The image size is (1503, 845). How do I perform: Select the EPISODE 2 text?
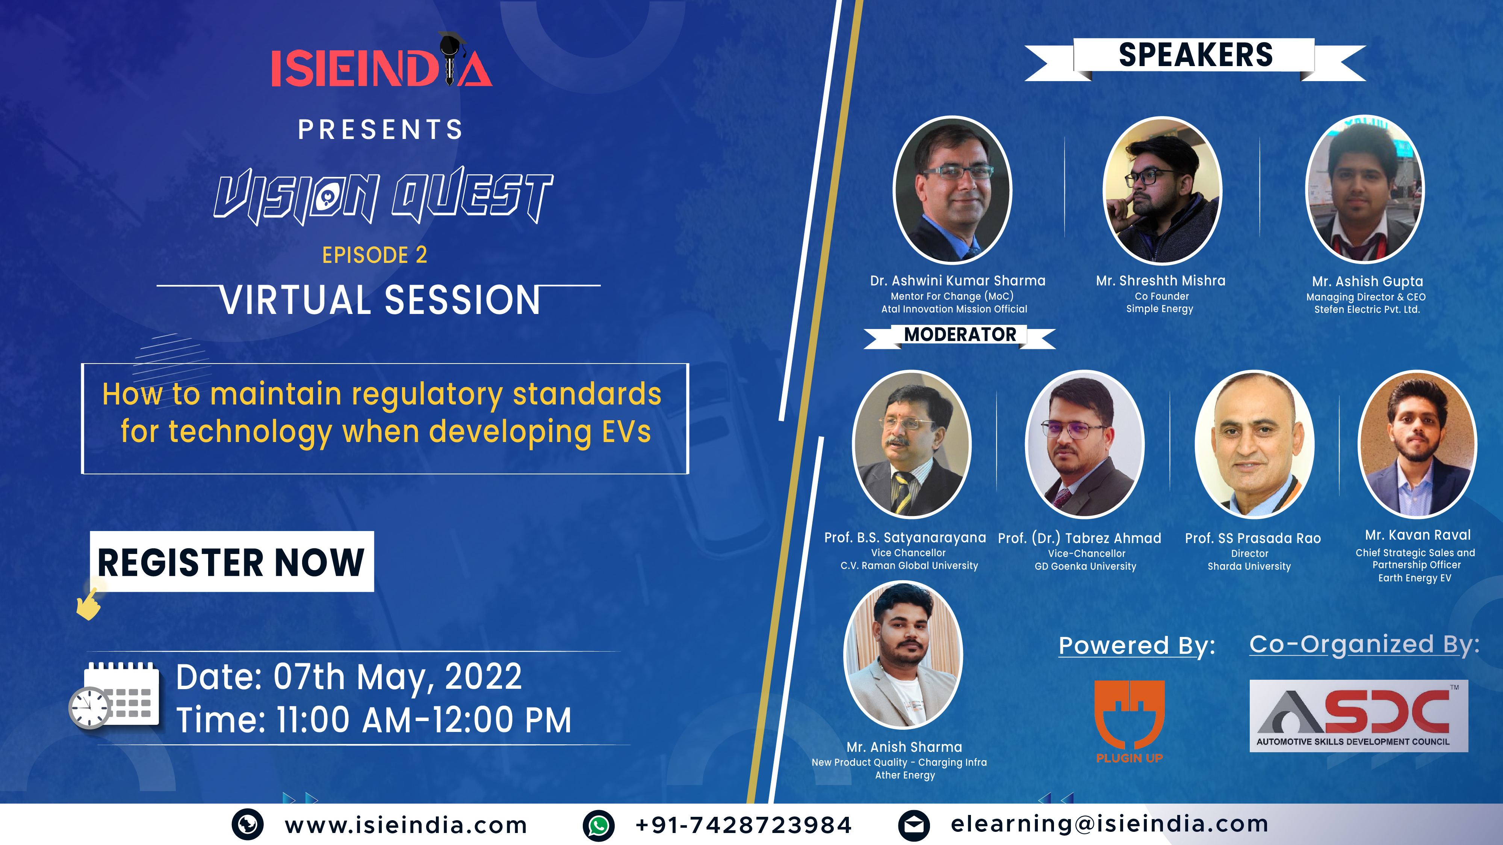tap(375, 255)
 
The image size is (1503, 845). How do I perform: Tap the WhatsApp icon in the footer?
tap(599, 825)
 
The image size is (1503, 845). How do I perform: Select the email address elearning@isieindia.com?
tap(1110, 824)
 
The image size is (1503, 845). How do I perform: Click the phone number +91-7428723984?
tap(743, 825)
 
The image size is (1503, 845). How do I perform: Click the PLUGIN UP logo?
tap(1130, 722)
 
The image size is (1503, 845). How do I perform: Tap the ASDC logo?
tap(1359, 715)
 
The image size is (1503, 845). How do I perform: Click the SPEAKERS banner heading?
tap(1195, 56)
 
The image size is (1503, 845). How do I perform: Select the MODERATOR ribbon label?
tap(960, 335)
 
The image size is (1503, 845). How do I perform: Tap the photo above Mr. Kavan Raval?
tap(1418, 444)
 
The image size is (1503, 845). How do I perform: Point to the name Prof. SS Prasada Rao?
tap(1253, 538)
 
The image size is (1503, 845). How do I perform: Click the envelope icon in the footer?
tap(914, 825)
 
